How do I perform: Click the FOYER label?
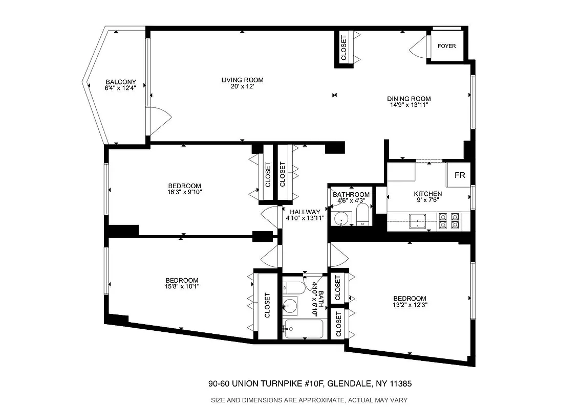point(446,46)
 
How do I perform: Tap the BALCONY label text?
point(121,82)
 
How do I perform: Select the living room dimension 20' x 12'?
point(242,87)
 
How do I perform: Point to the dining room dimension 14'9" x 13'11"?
point(409,105)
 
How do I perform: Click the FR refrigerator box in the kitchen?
point(460,175)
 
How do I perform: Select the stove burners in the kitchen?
point(448,220)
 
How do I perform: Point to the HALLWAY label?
point(305,212)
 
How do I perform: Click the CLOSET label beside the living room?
point(343,48)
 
